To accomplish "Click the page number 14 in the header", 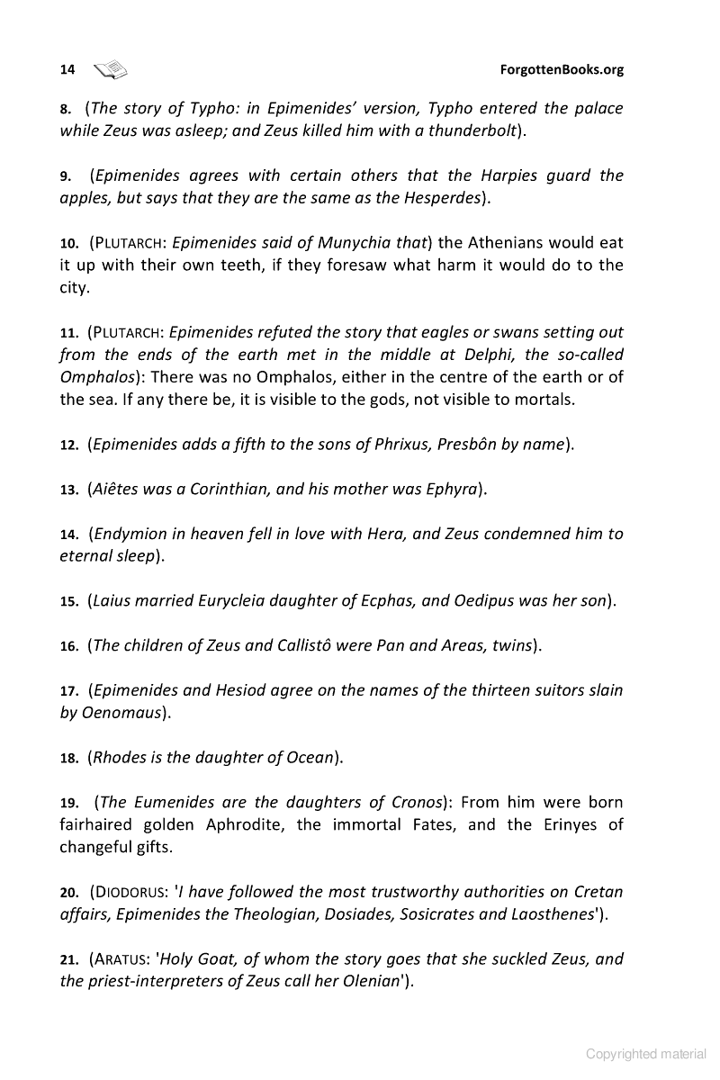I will pyautogui.click(x=67, y=69).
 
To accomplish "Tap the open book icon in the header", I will pyautogui.click(x=111, y=68).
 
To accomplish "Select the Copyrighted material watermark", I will pyautogui.click(x=646, y=1054).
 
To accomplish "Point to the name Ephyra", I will pyautogui.click(x=442, y=489).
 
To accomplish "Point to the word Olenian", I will pyautogui.click(x=360, y=981).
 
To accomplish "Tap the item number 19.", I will pyautogui.click(x=68, y=803).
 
